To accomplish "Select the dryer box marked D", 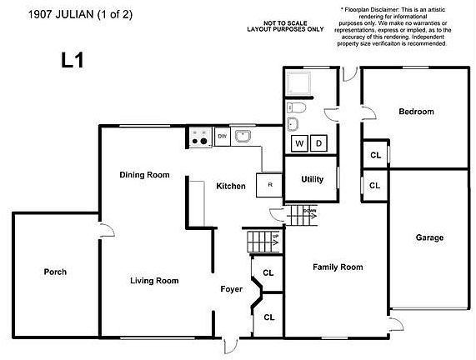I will click(319, 143).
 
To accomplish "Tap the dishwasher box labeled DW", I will click(222, 136).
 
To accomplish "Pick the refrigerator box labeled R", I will click(269, 185).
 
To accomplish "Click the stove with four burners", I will click(199, 137).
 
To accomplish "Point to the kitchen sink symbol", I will click(243, 136).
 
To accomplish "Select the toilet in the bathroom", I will click(298, 107).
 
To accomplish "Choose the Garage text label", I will click(429, 237).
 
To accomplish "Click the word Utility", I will click(312, 179).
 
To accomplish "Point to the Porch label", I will click(55, 272).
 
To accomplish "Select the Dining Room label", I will click(144, 175).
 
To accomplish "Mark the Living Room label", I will click(154, 281).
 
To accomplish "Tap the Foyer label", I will click(231, 289).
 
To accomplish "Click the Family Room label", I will click(338, 267).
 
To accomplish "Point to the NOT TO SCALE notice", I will click(284, 25).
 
